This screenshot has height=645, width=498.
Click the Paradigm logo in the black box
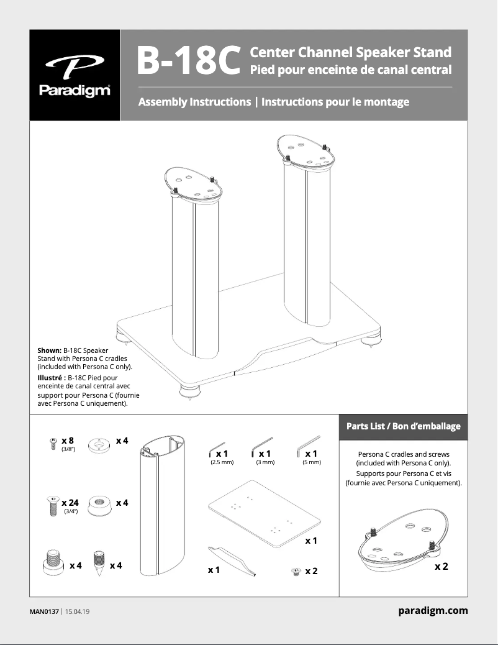click(x=75, y=75)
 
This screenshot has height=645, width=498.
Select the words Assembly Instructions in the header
click(x=194, y=101)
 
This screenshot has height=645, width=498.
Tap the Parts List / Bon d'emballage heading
click(x=403, y=426)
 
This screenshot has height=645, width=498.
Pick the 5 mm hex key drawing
click(x=308, y=445)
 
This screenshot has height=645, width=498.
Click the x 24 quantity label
click(x=70, y=502)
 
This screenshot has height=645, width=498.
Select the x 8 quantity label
click(x=68, y=441)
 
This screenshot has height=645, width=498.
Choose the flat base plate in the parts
click(x=264, y=509)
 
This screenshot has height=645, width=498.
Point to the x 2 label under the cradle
click(x=441, y=567)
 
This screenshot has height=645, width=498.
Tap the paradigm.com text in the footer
click(x=433, y=611)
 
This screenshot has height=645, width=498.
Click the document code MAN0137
click(x=43, y=611)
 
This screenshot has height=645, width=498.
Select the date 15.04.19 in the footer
click(x=78, y=611)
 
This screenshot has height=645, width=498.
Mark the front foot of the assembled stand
click(x=186, y=392)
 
